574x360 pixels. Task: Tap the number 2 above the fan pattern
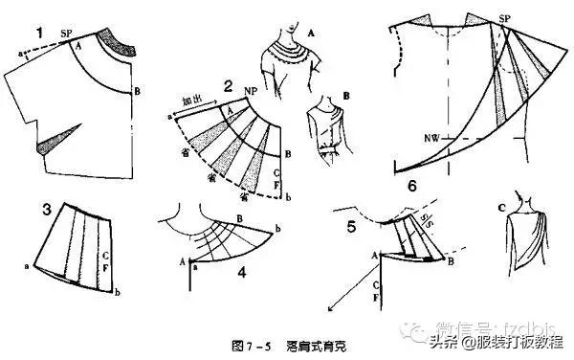(x=228, y=85)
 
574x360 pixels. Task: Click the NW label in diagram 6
(x=407, y=138)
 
